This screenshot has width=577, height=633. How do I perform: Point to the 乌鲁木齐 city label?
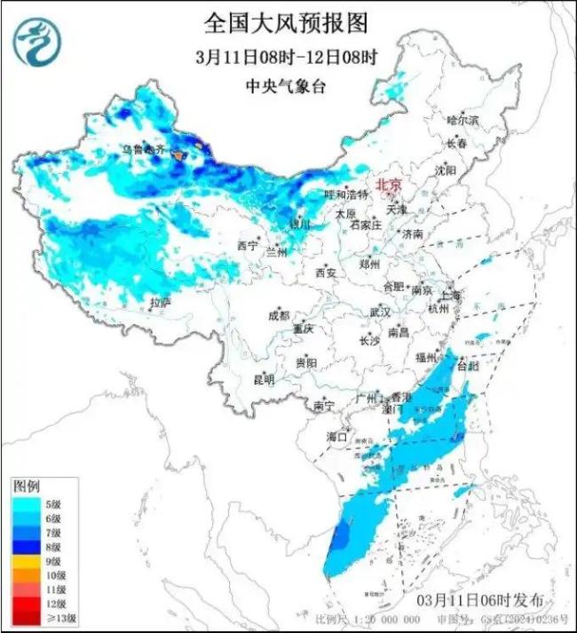[x=143, y=150]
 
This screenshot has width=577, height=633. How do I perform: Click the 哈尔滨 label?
[x=462, y=118]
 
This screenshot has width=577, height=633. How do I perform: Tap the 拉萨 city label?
[x=160, y=303]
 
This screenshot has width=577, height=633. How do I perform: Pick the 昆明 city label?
[x=264, y=379]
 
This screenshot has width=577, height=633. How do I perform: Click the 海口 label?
[x=335, y=436]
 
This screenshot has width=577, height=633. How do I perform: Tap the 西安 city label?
[x=326, y=273]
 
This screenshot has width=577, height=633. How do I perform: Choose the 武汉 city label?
[x=380, y=312]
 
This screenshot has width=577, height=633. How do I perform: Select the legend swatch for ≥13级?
[x=24, y=618]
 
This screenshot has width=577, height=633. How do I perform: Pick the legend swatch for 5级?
[x=24, y=503]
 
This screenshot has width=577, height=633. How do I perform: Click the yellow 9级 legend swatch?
[x=24, y=561]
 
